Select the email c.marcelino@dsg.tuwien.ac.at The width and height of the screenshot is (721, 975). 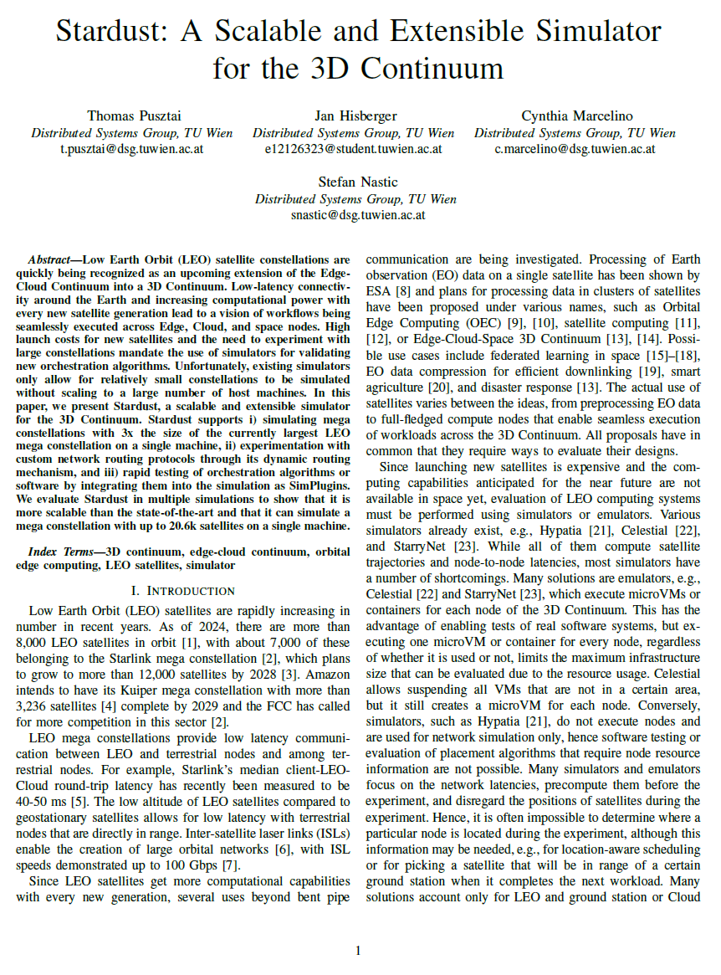[575, 150]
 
